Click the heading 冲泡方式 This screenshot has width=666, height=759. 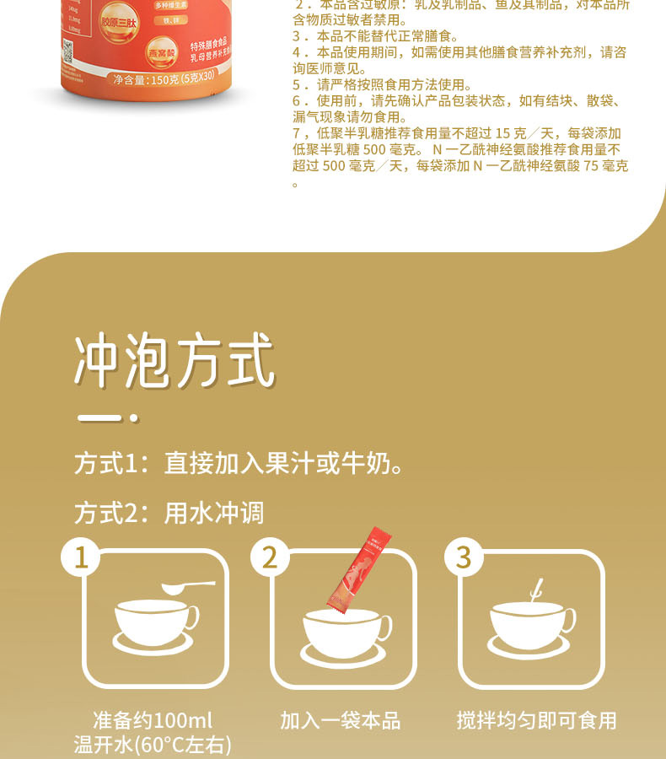click(175, 363)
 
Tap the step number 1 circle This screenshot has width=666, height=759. click(82, 557)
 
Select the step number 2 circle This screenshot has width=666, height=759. click(270, 557)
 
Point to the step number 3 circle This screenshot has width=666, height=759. click(463, 557)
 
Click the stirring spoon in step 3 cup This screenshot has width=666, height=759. click(534, 589)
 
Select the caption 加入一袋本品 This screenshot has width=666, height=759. click(340, 720)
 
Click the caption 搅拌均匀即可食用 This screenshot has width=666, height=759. click(536, 720)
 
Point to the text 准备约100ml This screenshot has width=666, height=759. click(153, 720)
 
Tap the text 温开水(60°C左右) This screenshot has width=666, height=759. click(153, 745)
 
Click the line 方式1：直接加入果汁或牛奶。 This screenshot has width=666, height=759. click(239, 464)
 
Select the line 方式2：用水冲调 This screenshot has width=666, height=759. click(169, 512)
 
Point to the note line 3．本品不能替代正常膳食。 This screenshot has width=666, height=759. click(374, 36)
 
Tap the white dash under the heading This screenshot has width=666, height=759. click(100, 418)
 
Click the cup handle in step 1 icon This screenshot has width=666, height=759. click(192, 616)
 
